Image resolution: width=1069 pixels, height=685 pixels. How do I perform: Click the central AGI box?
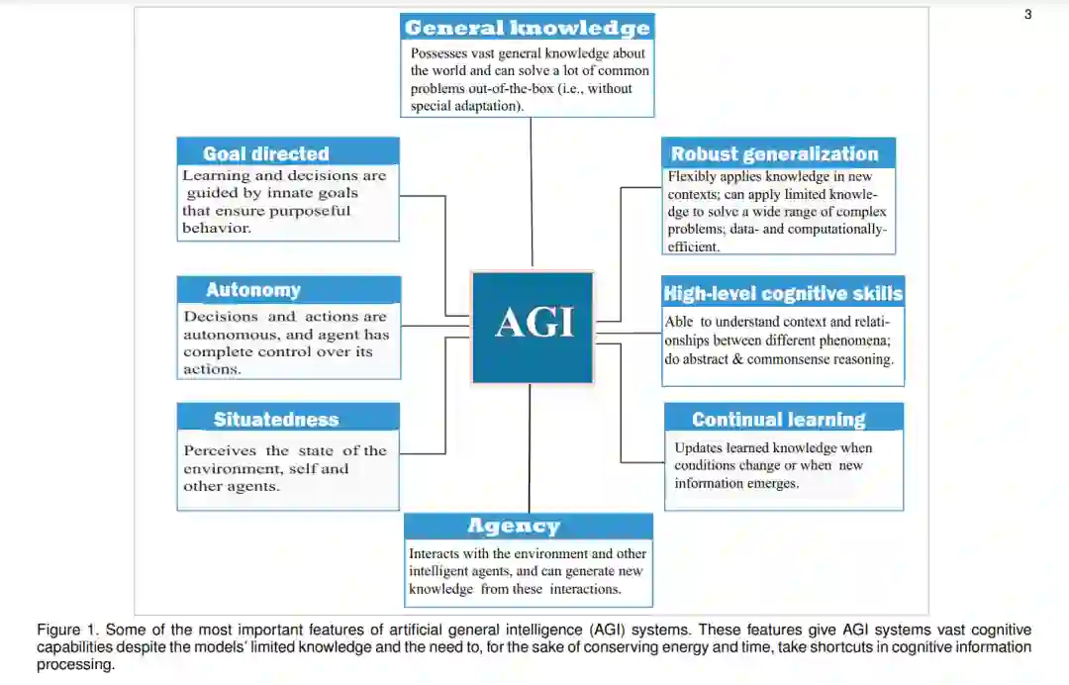click(x=533, y=327)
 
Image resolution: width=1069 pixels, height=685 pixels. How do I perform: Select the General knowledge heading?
click(x=527, y=28)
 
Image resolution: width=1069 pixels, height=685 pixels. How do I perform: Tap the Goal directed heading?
click(x=265, y=153)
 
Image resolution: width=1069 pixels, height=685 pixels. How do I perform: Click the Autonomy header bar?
click(x=253, y=290)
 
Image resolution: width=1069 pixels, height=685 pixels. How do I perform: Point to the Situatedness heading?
click(x=275, y=419)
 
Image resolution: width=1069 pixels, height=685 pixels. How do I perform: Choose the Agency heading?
click(x=514, y=526)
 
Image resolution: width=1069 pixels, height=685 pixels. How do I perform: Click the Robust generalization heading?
click(x=774, y=153)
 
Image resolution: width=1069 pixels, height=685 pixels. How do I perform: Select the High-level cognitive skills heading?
click(x=782, y=293)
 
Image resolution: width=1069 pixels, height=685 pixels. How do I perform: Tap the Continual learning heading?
click(x=778, y=420)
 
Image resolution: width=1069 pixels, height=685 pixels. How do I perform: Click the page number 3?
click(x=1027, y=15)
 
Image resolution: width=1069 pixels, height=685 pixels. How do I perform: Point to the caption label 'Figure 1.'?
click(x=68, y=630)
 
